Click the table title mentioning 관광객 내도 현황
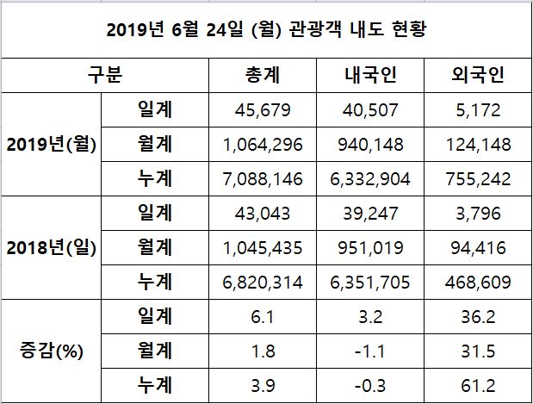(x=266, y=31)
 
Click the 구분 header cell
(x=105, y=75)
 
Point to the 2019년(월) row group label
(x=51, y=144)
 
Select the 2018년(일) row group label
(x=51, y=247)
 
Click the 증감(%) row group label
(x=51, y=351)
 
